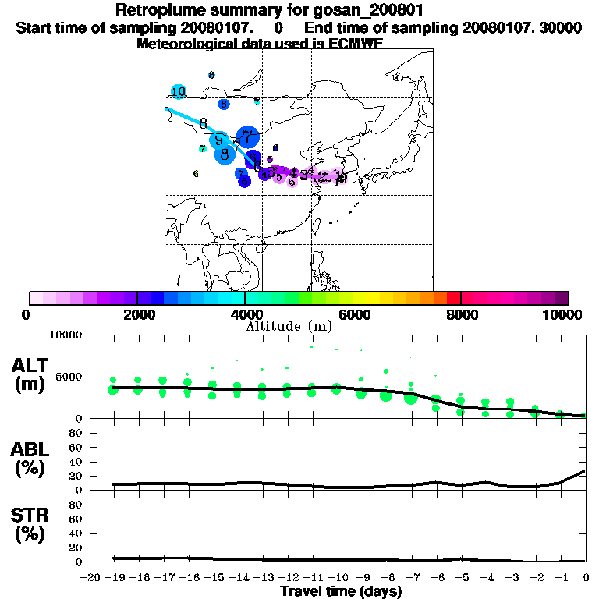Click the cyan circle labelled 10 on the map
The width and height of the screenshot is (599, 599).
pyautogui.click(x=179, y=92)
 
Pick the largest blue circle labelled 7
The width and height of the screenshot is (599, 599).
pyautogui.click(x=247, y=137)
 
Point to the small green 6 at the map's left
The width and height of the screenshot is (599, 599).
pyautogui.click(x=196, y=174)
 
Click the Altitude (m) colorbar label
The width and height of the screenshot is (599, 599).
pyautogui.click(x=289, y=326)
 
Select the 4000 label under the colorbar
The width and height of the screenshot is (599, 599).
pyautogui.click(x=246, y=314)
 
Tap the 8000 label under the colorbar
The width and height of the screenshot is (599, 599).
pyautogui.click(x=461, y=314)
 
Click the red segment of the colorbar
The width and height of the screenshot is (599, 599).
pyautogui.click(x=453, y=298)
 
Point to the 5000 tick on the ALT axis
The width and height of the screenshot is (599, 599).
pyautogui.click(x=71, y=377)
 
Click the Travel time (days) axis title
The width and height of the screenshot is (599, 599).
pyautogui.click(x=341, y=592)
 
